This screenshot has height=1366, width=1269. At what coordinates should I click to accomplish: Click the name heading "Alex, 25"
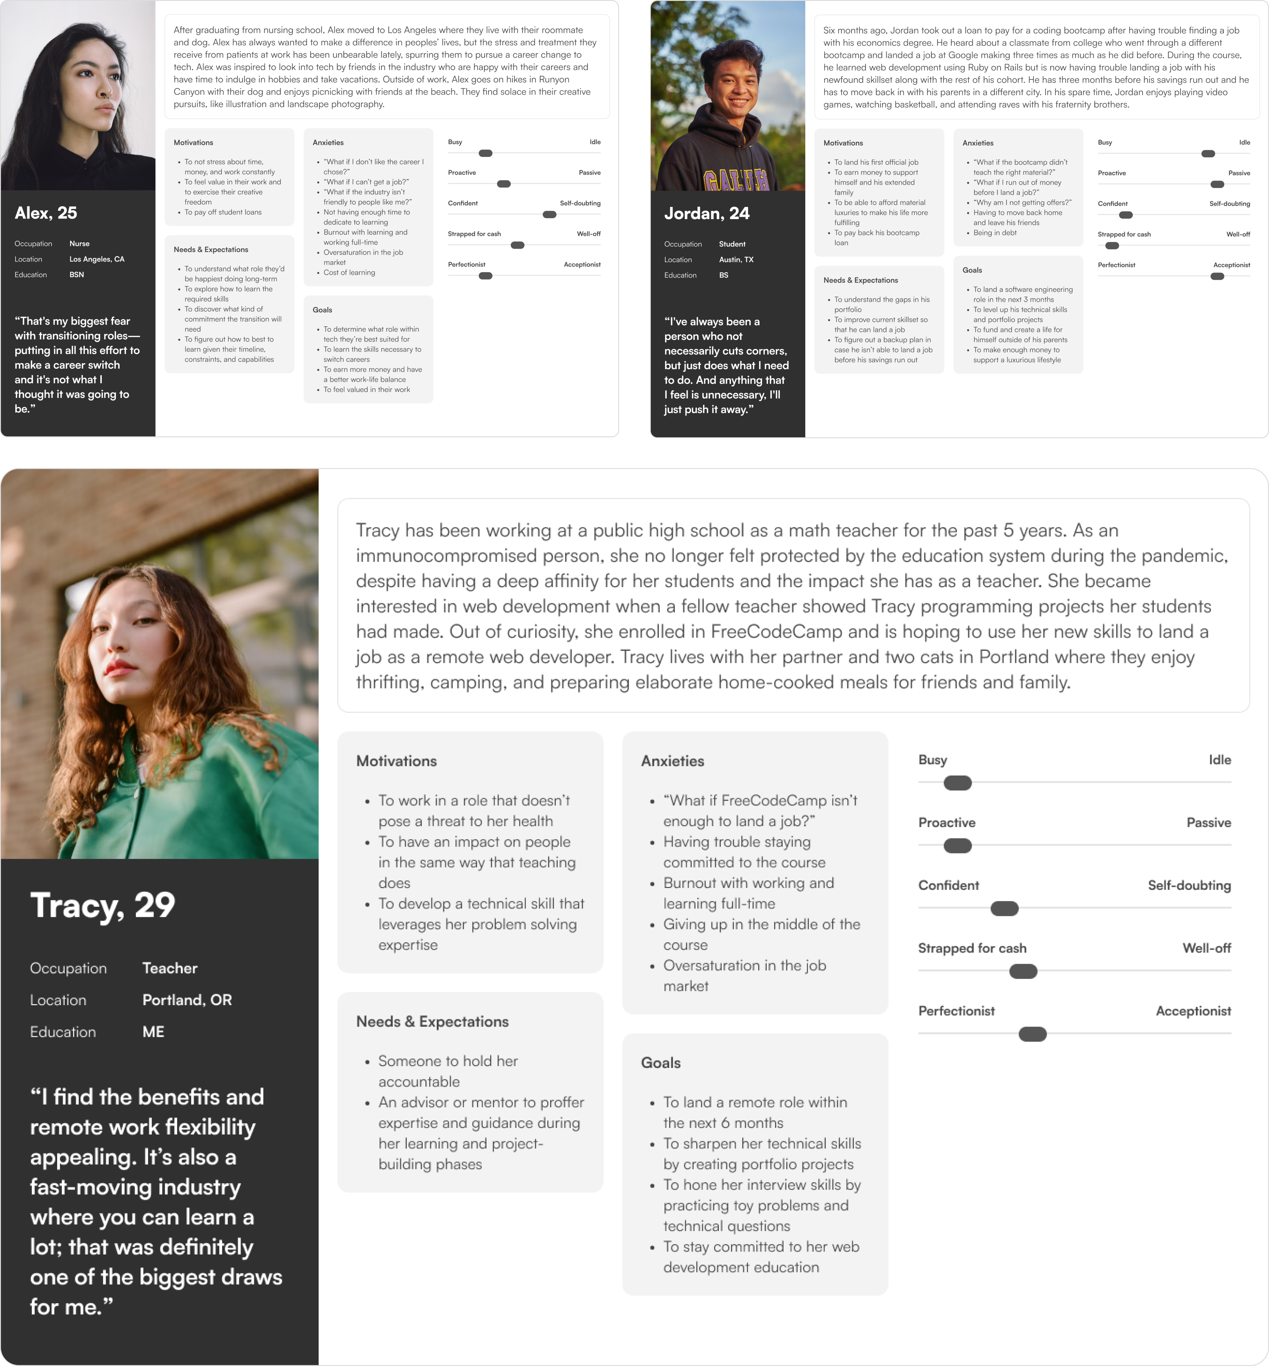click(46, 213)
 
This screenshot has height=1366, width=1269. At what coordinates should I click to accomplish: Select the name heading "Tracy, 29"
click(103, 905)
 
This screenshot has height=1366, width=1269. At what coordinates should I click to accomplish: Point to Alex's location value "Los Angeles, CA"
click(97, 259)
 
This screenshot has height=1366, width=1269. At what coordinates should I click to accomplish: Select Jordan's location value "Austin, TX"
click(736, 260)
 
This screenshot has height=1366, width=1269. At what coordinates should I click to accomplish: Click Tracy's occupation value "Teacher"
click(170, 968)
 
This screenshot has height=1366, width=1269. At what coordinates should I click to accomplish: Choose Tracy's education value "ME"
click(153, 1032)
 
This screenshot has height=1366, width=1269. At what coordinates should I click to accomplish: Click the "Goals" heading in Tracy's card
click(660, 1062)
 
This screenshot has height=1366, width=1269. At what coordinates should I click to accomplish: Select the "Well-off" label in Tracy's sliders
click(1207, 949)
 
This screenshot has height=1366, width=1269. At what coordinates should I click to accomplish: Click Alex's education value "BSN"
click(77, 275)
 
